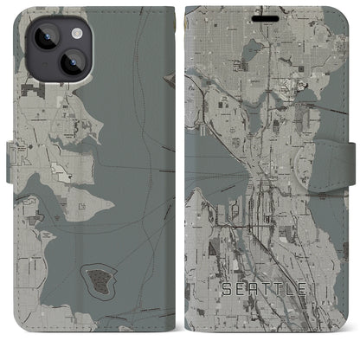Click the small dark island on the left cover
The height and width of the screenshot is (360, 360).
97,278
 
